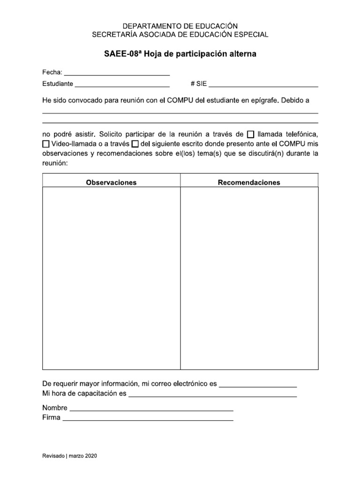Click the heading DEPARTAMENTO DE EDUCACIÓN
pos(180,26)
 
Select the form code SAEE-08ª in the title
pos(123,54)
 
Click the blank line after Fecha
pos(116,73)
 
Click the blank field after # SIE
pos(263,85)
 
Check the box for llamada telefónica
pos(250,134)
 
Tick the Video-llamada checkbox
pos(46,143)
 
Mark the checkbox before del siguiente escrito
pos(135,143)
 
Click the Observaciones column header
pos(111,182)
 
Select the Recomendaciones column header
pos(249,182)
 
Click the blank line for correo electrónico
pos(257,385)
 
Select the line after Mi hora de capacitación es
pos(212,395)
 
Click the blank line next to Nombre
pos(151,409)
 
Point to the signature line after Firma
pos(148,419)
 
